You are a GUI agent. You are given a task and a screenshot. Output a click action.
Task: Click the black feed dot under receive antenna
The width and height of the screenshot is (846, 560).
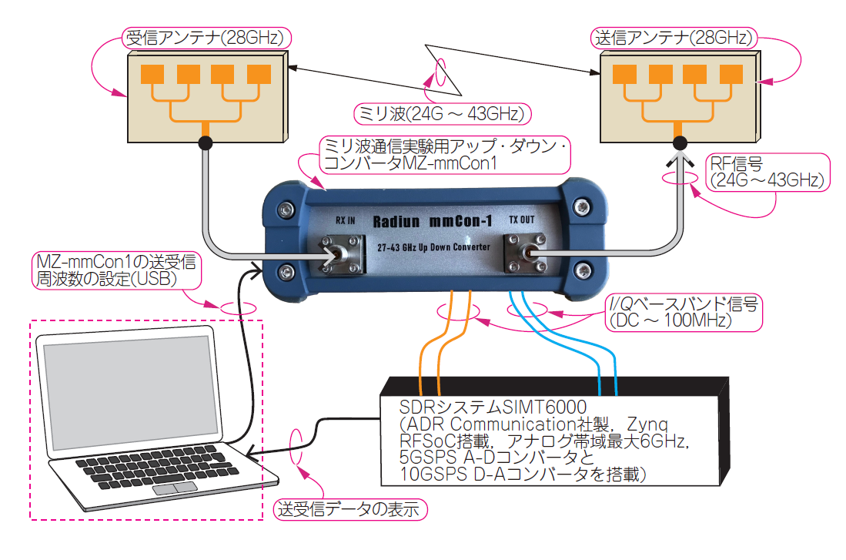[206, 143]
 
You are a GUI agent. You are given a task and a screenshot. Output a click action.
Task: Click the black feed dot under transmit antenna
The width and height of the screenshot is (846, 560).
[680, 143]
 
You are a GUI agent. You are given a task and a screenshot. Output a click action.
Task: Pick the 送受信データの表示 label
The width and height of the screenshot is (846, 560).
[351, 509]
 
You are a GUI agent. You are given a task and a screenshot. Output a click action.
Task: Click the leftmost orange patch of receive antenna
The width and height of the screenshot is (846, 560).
[152, 74]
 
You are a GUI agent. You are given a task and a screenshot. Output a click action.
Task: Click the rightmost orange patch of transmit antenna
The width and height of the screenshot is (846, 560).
[730, 74]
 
